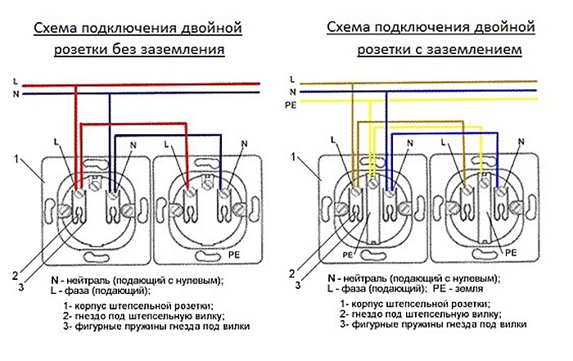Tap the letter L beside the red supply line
click(16, 82)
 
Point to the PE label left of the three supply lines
click(290, 106)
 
